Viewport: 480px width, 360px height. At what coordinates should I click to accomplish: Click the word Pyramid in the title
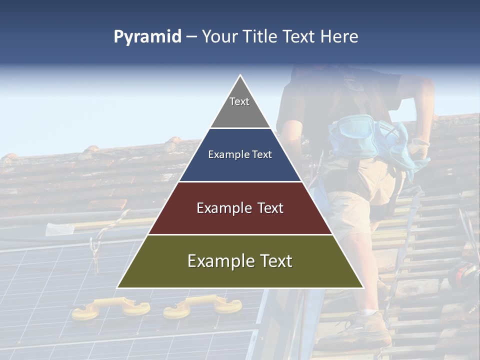[x=147, y=37]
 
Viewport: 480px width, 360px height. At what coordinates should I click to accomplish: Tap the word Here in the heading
[x=339, y=36]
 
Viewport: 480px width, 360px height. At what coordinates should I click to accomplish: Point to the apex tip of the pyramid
[x=240, y=76]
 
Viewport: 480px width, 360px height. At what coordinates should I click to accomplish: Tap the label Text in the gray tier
[x=239, y=101]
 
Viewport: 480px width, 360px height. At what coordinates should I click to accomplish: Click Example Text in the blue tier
[x=240, y=154]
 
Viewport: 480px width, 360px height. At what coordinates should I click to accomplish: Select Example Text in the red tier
[x=240, y=208]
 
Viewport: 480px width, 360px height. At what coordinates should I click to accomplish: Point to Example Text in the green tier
[x=240, y=261]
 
